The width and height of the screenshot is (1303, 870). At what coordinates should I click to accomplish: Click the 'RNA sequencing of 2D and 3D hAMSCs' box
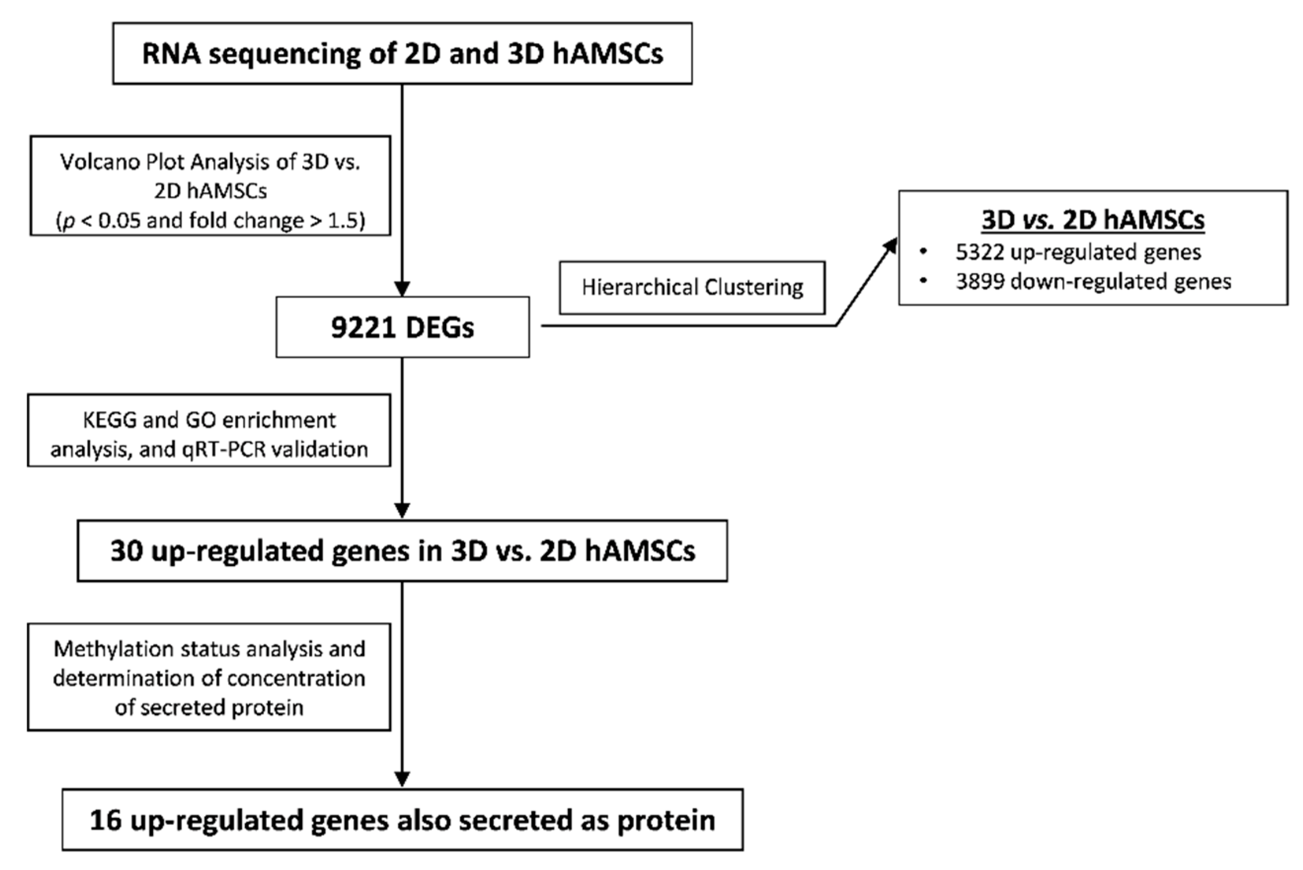402,54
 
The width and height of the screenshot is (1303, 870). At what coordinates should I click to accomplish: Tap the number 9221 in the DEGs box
363,327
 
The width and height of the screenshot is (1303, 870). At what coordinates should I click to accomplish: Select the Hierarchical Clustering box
692,287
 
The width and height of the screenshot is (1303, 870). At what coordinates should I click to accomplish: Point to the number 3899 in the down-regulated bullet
979,282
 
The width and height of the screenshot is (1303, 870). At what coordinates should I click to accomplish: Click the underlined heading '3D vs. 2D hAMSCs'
1093,220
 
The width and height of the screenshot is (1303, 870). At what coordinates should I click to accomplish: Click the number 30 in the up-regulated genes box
126,551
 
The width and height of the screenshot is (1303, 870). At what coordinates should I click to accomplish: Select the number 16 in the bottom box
106,820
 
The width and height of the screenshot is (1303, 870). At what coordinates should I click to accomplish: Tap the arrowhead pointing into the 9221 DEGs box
402,289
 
